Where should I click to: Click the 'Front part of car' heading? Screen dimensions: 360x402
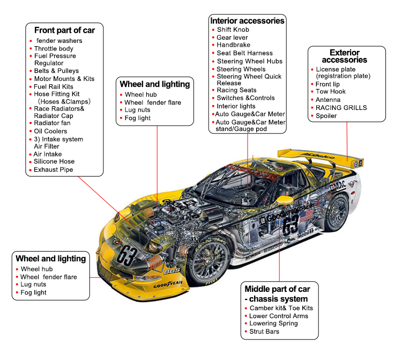pos(64,30)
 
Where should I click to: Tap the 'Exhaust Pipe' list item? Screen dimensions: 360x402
pos(54,170)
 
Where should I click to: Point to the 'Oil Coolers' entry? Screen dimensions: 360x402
pos(50,131)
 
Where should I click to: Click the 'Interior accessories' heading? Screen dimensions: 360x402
pos(247,21)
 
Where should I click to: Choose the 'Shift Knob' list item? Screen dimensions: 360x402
pos(233,30)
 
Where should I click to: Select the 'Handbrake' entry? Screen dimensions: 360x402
pos(233,45)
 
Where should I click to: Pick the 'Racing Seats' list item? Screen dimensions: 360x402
pos(236,90)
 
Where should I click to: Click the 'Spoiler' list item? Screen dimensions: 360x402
pos(326,115)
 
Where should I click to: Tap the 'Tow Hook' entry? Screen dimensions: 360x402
pos(330,92)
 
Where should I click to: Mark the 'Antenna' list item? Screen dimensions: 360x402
pos(327,100)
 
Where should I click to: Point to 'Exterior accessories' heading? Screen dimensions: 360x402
pos(345,56)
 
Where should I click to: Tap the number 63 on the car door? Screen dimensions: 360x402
pos(291,224)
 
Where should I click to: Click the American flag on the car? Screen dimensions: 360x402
pos(308,216)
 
